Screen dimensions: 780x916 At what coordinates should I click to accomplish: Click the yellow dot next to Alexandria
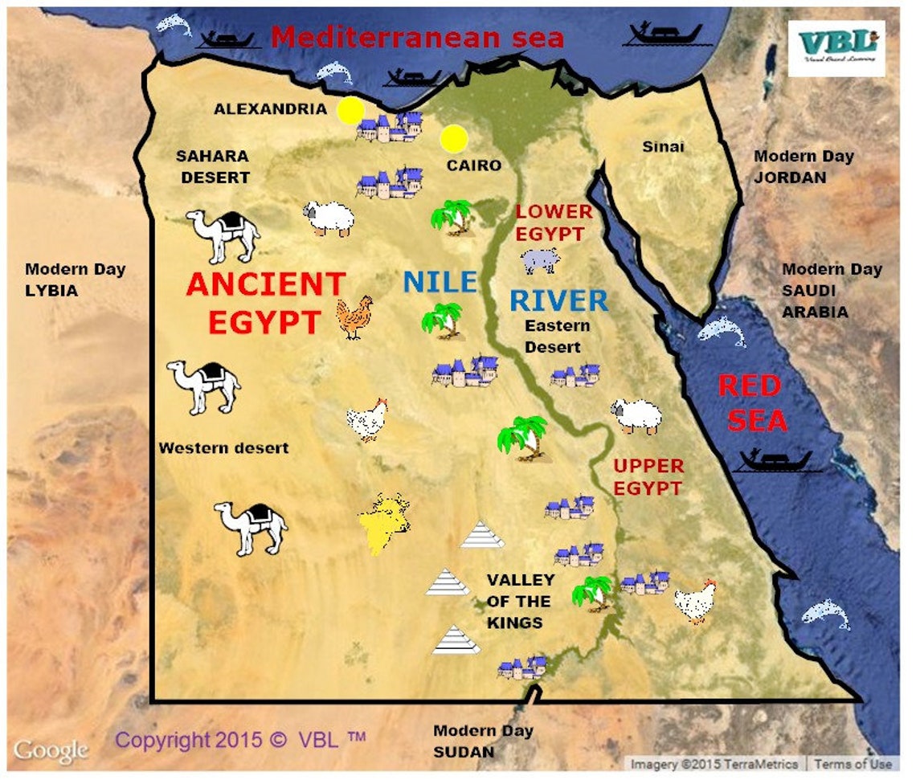350,111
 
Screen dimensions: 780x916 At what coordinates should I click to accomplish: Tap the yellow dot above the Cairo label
454,138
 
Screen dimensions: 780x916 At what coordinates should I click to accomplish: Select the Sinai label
663,146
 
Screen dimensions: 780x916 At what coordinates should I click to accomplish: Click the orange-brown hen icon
354,316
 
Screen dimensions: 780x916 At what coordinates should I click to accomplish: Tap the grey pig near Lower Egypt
539,259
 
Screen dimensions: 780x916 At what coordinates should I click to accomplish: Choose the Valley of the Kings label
521,601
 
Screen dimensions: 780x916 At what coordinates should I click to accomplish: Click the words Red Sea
753,403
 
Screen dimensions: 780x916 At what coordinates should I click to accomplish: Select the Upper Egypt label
648,476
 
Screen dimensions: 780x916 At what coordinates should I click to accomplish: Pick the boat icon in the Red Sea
775,462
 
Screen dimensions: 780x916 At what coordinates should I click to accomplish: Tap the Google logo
50,751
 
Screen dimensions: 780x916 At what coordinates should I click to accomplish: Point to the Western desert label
223,447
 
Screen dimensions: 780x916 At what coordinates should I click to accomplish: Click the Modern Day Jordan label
803,166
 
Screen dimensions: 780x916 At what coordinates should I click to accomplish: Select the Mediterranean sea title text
417,37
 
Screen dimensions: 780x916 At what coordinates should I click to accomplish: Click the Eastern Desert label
557,337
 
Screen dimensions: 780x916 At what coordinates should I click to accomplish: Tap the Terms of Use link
853,764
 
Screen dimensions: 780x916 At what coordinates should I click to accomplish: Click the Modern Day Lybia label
75,280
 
